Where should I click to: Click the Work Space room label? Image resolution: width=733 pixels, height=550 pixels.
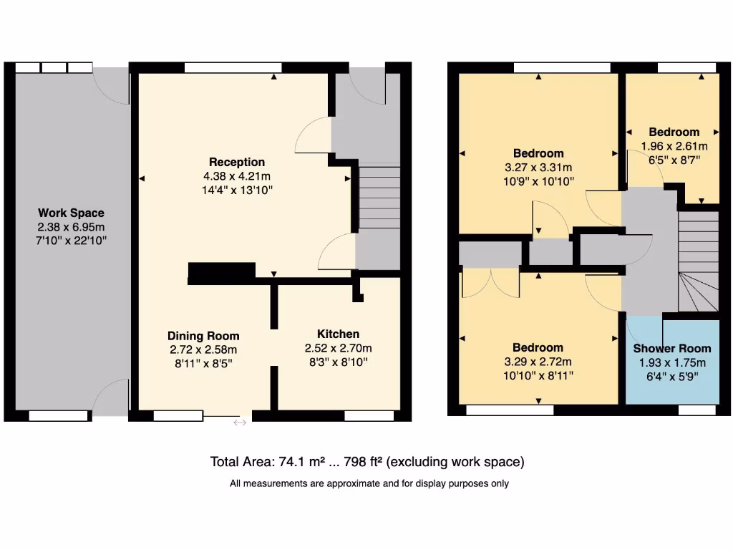(x=71, y=213)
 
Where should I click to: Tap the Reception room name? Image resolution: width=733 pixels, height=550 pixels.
(x=237, y=162)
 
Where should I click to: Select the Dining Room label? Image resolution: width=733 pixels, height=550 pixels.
(x=203, y=336)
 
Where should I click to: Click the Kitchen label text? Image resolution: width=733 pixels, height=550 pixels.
(x=338, y=334)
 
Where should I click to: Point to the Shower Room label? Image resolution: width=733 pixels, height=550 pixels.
(x=672, y=348)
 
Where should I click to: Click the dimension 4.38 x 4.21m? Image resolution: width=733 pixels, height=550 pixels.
(x=237, y=176)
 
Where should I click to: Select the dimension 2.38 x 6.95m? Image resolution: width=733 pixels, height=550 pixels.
(x=71, y=227)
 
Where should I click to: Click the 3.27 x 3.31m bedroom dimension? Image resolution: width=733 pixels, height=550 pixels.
(x=538, y=168)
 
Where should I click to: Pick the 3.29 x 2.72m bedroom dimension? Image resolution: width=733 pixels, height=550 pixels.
(x=538, y=362)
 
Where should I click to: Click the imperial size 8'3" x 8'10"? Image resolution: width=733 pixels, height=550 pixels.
(x=338, y=362)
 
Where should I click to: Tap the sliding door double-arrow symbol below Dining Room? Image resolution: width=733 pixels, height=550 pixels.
(x=240, y=423)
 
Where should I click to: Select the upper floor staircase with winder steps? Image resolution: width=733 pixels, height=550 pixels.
(x=698, y=265)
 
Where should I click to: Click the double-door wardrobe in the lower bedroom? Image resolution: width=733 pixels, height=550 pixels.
(x=490, y=283)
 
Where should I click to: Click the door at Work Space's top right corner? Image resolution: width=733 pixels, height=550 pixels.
(x=112, y=85)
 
